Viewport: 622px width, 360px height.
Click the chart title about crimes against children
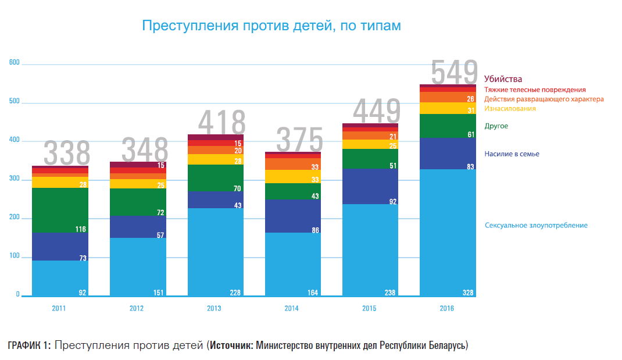271,26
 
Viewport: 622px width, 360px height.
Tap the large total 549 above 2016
454,72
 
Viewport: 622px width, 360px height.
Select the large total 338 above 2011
67,154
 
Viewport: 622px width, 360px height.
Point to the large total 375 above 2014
299,140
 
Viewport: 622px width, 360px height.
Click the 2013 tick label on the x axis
214,309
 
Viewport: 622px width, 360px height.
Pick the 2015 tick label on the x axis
370,309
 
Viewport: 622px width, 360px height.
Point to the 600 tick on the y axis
14,63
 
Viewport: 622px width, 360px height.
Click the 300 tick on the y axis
14,180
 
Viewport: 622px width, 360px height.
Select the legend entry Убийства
503,79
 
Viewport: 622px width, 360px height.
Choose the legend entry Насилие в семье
512,154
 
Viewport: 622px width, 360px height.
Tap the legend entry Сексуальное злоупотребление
535,225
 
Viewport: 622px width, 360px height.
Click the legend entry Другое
496,126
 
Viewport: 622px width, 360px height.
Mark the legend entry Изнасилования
510,109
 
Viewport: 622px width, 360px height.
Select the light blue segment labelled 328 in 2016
448,233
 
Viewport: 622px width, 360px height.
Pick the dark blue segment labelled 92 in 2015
370,186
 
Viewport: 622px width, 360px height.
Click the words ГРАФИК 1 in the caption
29,345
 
